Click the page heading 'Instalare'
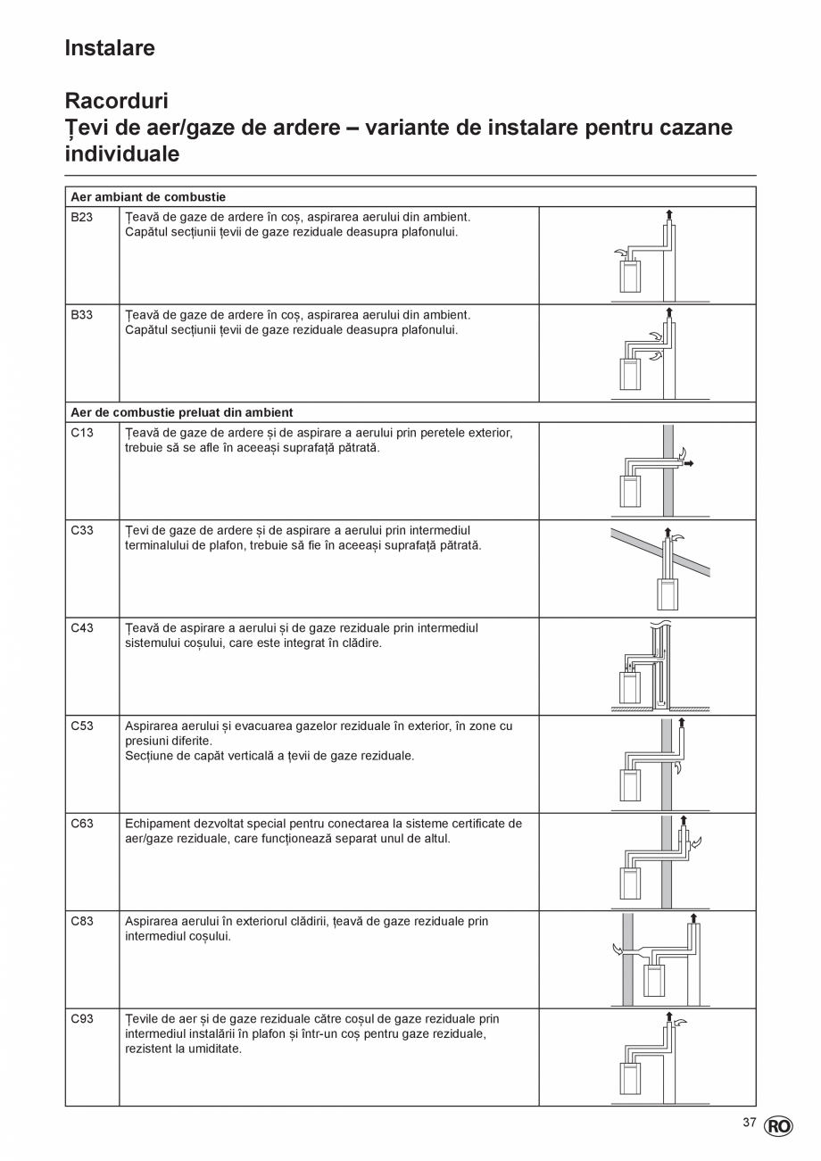[x=110, y=48]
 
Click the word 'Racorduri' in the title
[x=116, y=101]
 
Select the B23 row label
[x=82, y=217]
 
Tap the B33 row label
[x=82, y=315]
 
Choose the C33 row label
[x=82, y=530]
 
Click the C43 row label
[x=82, y=628]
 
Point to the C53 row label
[x=82, y=726]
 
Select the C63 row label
[x=82, y=824]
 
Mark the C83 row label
[x=82, y=921]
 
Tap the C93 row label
[x=82, y=1019]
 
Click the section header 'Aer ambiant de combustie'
[x=148, y=196]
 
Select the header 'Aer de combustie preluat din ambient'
[x=182, y=412]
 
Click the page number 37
[x=750, y=1123]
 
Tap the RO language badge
[x=777, y=1127]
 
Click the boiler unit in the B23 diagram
[x=630, y=278]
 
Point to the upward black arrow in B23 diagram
[x=669, y=213]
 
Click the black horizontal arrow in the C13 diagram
[x=688, y=464]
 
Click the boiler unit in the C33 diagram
[x=667, y=594]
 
